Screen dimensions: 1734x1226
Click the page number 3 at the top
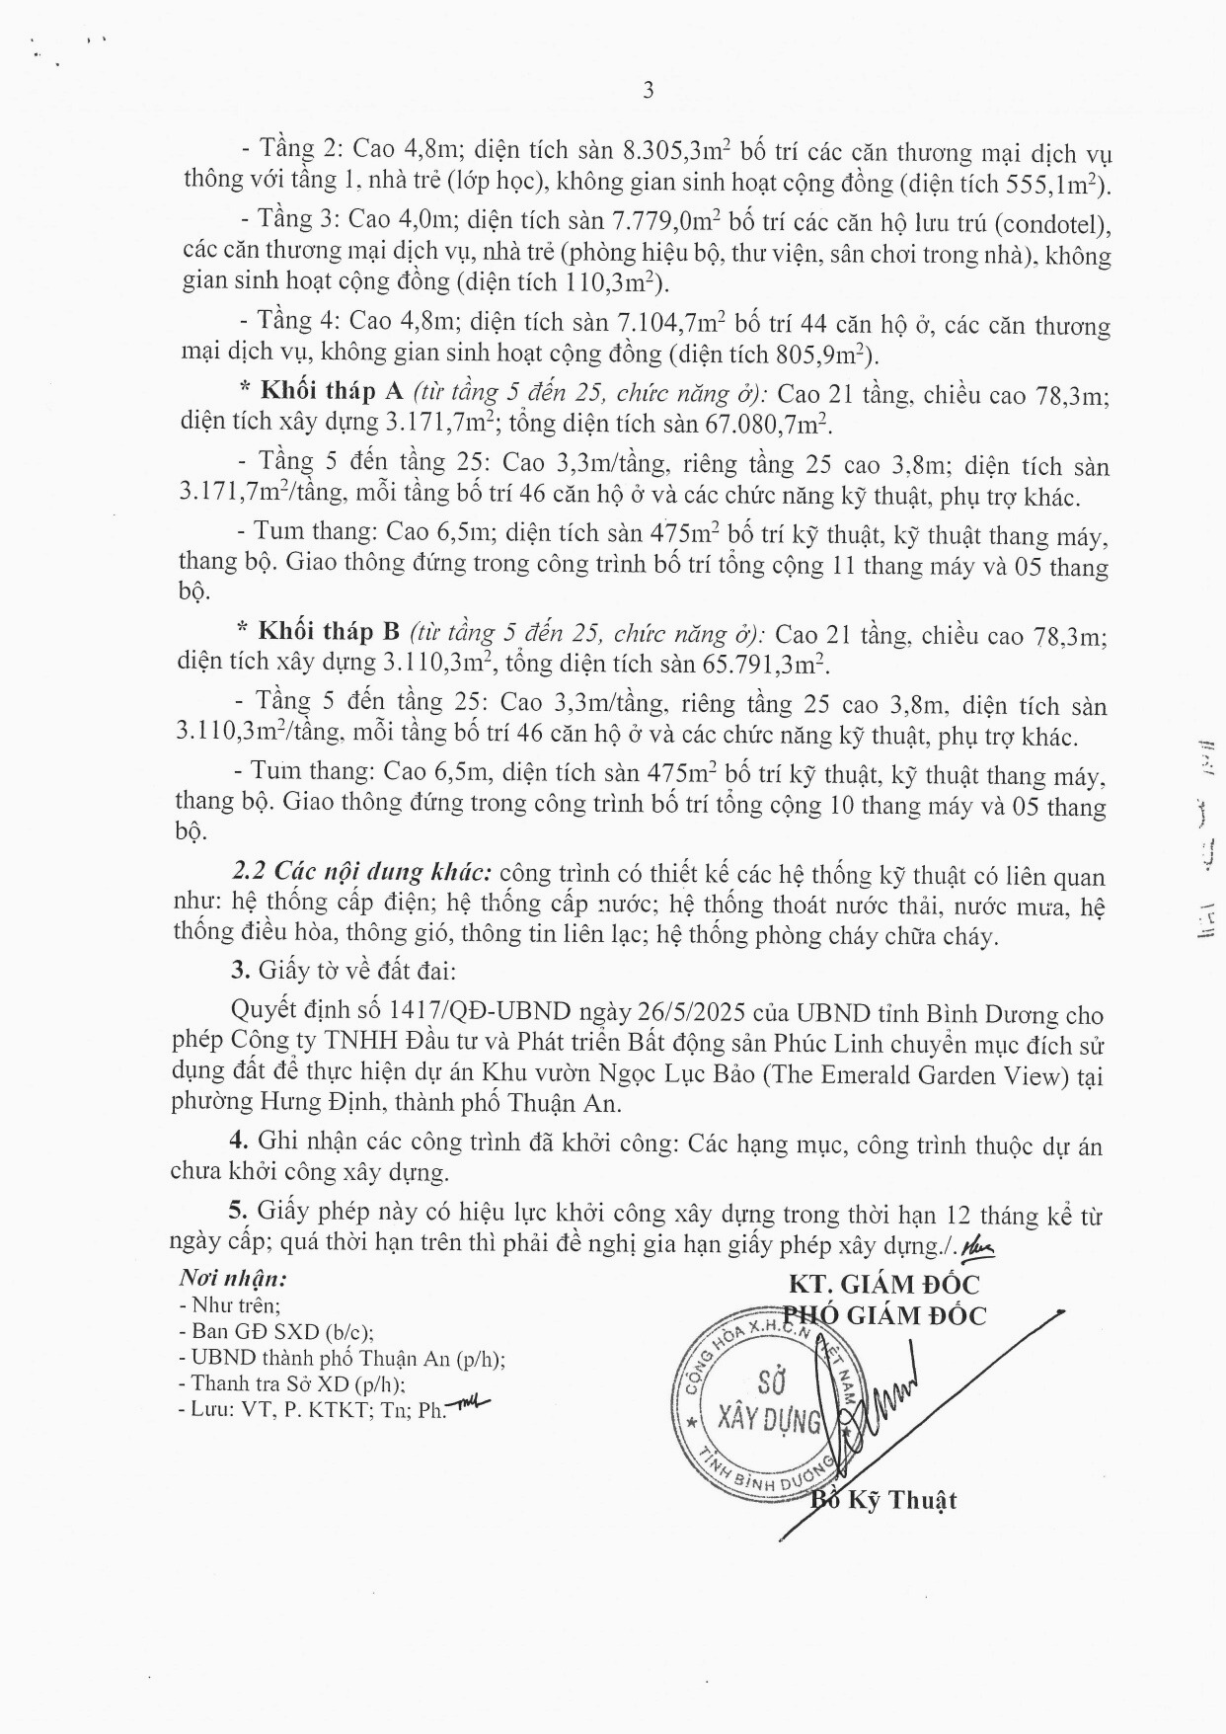coord(649,91)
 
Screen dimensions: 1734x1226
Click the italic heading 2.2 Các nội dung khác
coord(361,874)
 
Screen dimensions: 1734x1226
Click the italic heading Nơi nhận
coord(233,1278)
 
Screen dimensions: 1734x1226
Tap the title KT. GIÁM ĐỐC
coord(883,1285)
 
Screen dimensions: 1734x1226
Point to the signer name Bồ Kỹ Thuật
coord(883,1501)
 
